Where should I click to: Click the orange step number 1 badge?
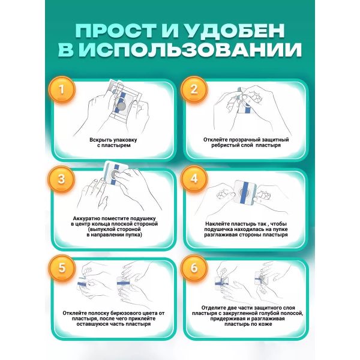pyautogui.click(x=62, y=89)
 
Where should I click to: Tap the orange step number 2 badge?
pyautogui.click(x=194, y=89)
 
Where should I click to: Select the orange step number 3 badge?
pyautogui.click(x=62, y=179)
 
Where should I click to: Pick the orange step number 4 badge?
pyautogui.click(x=194, y=179)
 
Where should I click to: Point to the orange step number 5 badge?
pyautogui.click(x=62, y=268)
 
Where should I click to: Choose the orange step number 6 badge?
pyautogui.click(x=194, y=268)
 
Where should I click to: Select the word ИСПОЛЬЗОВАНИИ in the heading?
pyautogui.click(x=191, y=50)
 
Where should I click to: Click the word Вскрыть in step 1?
pyautogui.click(x=100, y=140)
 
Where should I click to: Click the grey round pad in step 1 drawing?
pyautogui.click(x=121, y=106)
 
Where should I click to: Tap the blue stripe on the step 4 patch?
pyautogui.click(x=244, y=192)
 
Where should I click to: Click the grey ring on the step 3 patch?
pyautogui.click(x=115, y=175)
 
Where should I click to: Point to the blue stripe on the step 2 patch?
pyautogui.click(x=247, y=107)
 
